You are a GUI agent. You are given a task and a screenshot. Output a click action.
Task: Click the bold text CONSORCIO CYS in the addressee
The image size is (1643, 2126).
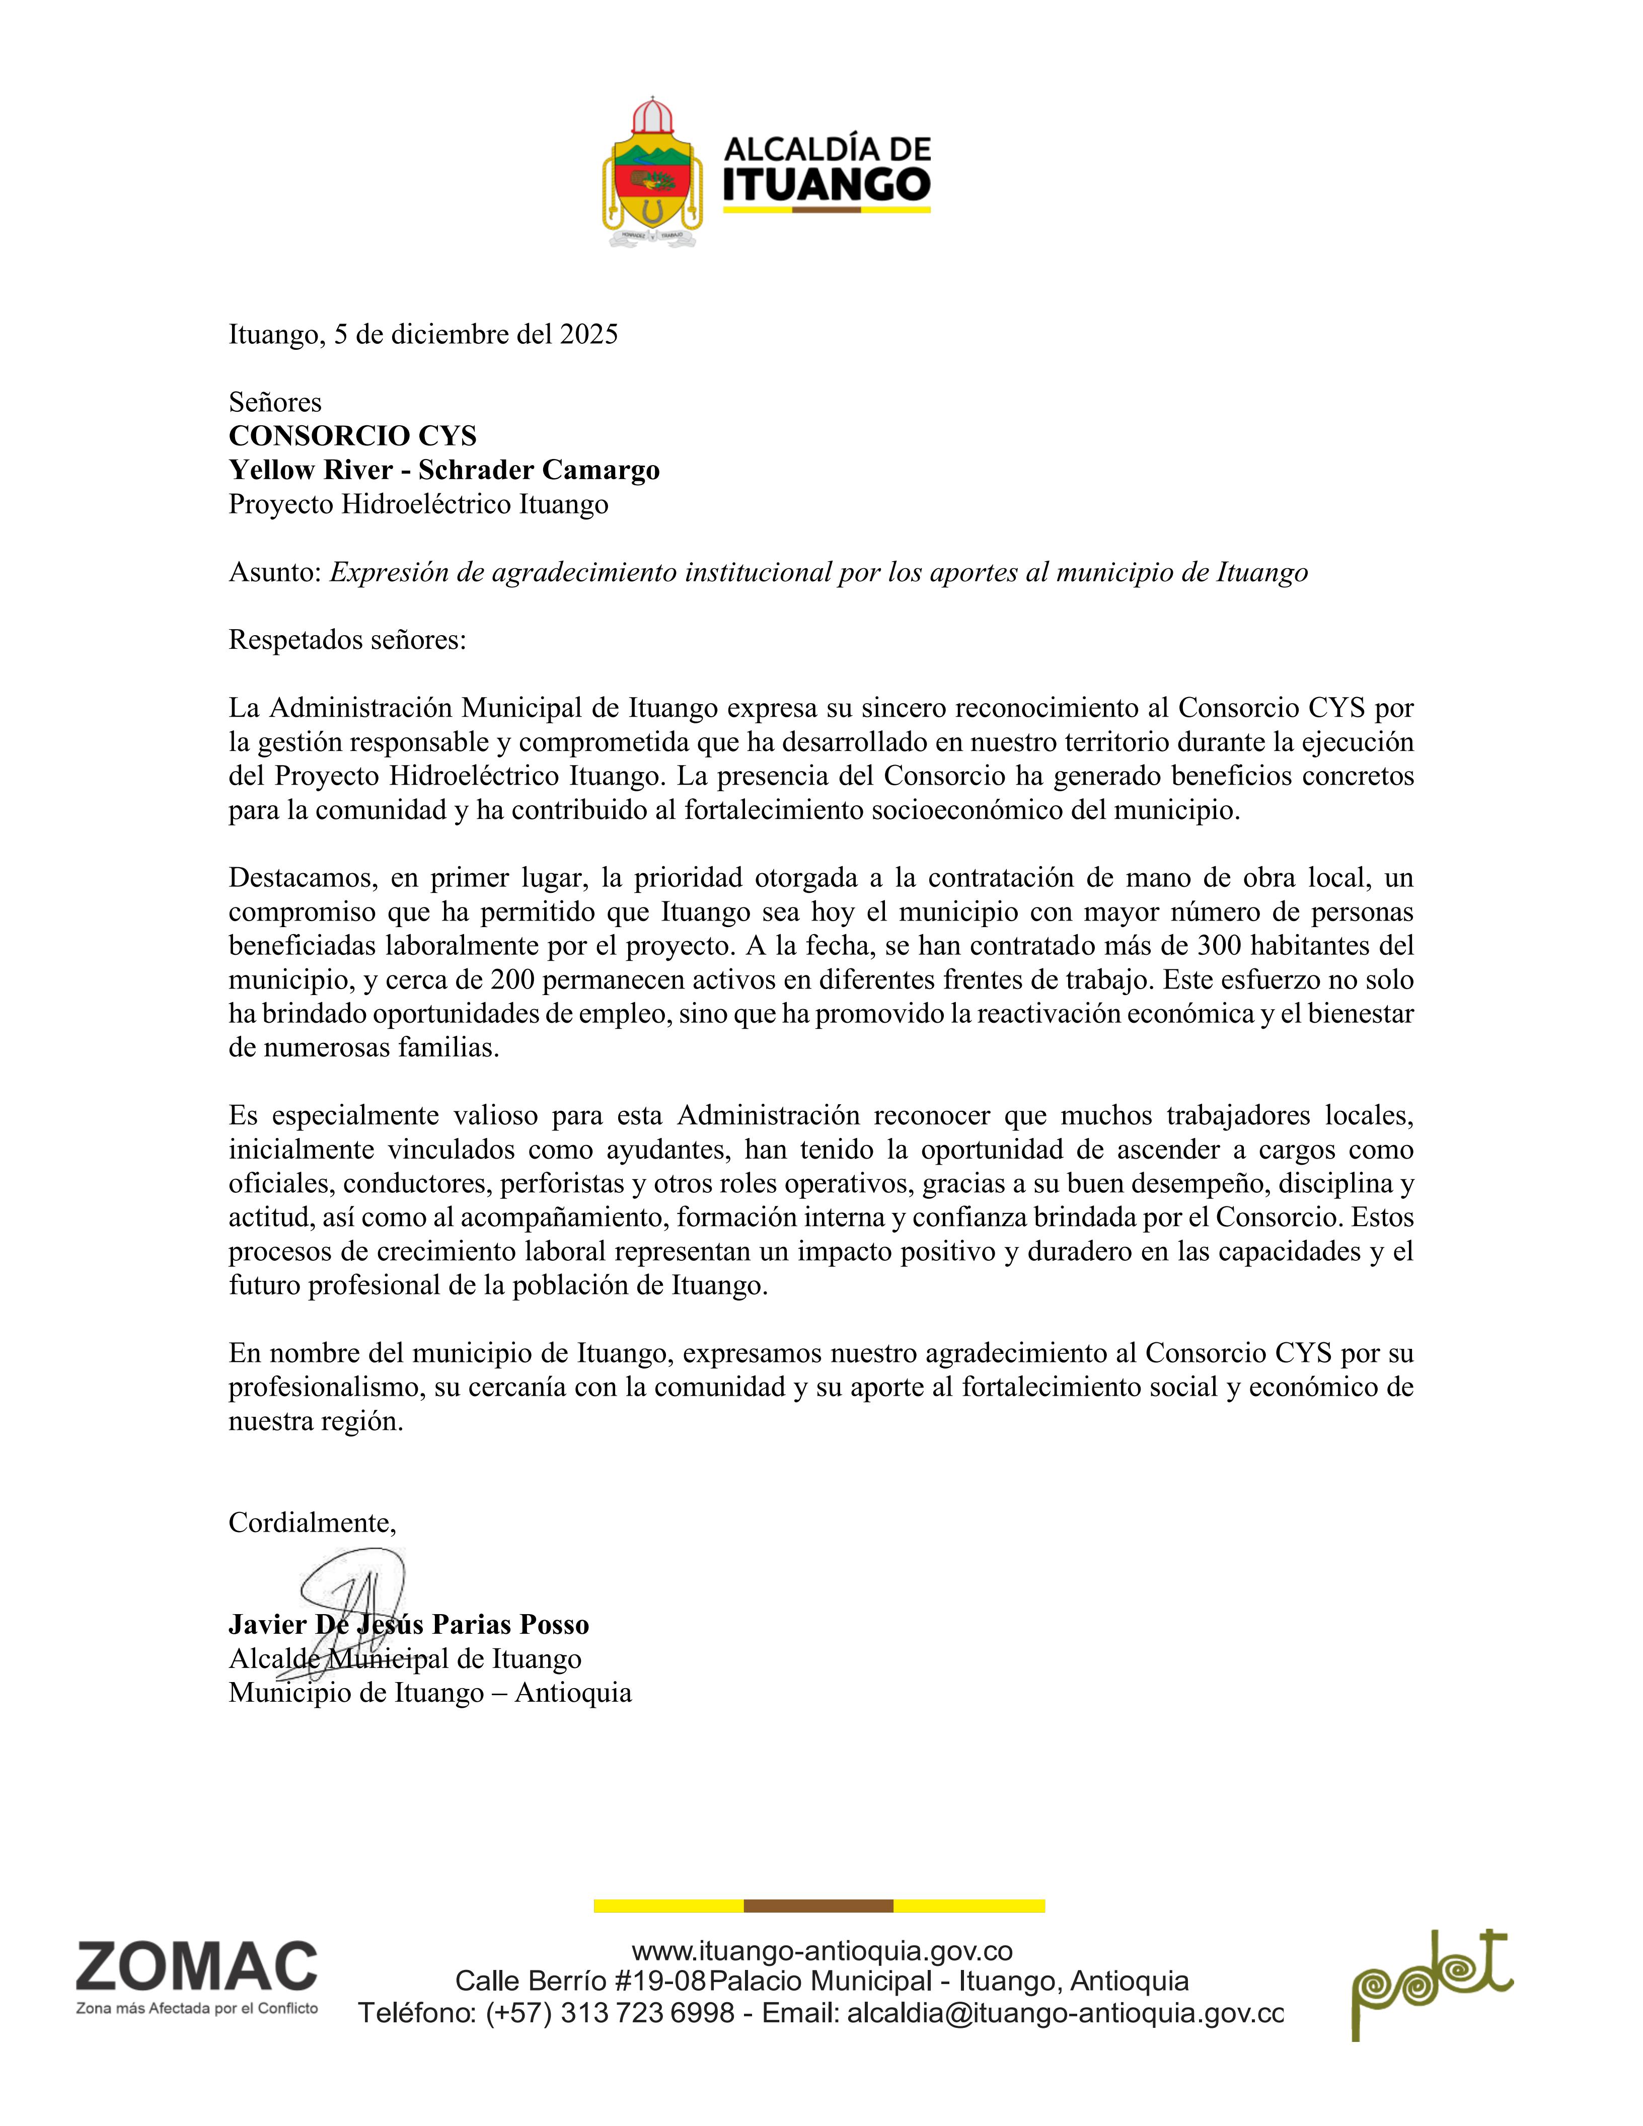point(352,435)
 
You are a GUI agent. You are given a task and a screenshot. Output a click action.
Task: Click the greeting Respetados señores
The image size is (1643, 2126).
point(347,641)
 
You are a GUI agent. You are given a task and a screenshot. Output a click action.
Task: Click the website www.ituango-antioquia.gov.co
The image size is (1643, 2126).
point(823,1951)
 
